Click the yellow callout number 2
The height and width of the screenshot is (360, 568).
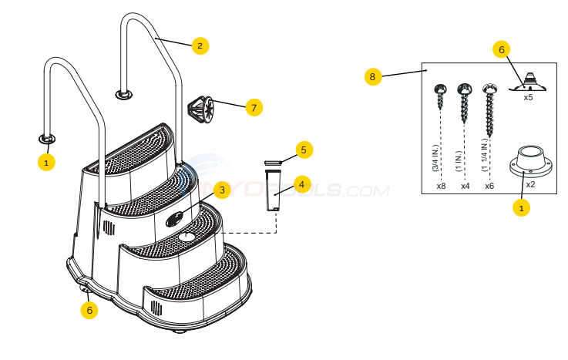click(x=200, y=45)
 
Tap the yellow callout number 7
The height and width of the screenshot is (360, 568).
click(x=254, y=107)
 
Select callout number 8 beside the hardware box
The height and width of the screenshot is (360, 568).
click(x=373, y=76)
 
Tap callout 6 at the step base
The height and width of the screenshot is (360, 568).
click(x=90, y=310)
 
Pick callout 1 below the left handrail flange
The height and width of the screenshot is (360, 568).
click(x=46, y=163)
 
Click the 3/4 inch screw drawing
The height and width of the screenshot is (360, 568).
click(x=441, y=96)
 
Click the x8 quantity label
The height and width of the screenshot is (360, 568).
click(x=441, y=186)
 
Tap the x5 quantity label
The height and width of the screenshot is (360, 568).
click(x=528, y=98)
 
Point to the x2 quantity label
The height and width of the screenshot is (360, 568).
click(x=530, y=185)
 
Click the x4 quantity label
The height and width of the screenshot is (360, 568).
click(x=464, y=186)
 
